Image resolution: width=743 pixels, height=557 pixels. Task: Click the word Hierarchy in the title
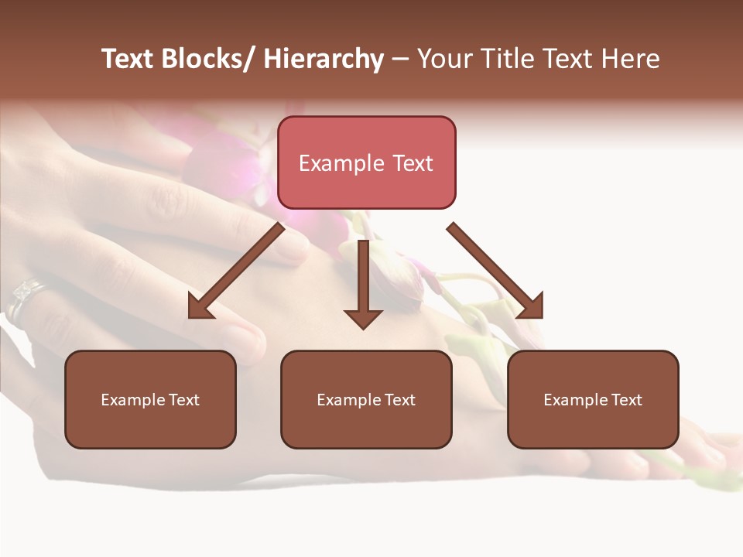pos(324,60)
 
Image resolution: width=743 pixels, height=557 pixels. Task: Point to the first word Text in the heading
pos(128,60)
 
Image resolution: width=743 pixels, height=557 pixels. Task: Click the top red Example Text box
pos(366,162)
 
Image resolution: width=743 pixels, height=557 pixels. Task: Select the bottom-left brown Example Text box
pos(150,400)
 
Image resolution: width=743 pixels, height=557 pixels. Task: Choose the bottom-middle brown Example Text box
pos(366,400)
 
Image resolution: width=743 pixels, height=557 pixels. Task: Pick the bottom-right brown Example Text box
pos(593,400)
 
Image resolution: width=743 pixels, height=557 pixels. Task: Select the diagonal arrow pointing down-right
pos(495,272)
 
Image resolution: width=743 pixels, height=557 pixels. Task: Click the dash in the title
pos(400,60)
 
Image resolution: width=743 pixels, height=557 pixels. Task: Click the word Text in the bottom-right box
pos(627,400)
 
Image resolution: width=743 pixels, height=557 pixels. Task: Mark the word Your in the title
pos(445,60)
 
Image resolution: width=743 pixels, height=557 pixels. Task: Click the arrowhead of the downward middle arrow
pos(363,318)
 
